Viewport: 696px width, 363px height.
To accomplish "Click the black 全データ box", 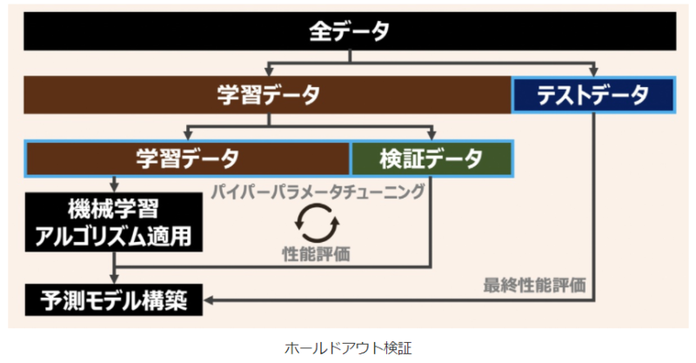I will tap(349, 32).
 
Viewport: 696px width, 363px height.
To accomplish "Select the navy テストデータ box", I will tap(592, 95).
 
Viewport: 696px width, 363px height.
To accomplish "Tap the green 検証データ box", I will tap(431, 159).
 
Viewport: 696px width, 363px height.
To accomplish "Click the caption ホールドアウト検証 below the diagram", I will tap(348, 348).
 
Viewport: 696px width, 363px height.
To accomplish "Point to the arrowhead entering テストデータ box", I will tap(594, 72).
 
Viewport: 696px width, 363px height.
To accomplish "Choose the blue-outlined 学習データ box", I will tap(187, 159).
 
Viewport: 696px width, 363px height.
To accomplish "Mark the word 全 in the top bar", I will tap(319, 32).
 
